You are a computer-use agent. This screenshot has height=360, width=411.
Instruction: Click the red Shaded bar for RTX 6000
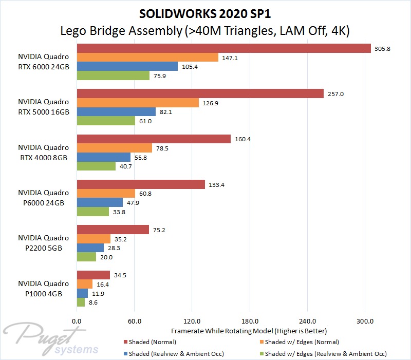coord(223,48)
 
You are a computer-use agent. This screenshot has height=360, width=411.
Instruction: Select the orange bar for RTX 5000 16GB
coord(138,103)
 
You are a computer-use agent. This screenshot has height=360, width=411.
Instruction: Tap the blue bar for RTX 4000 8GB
coord(103,157)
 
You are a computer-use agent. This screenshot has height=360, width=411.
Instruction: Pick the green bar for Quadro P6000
coord(92,212)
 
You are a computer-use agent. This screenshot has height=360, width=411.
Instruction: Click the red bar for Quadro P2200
coord(113,230)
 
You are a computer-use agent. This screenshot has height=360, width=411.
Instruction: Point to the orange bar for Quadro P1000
coord(84,284)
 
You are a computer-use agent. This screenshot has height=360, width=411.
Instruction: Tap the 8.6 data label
coord(93,302)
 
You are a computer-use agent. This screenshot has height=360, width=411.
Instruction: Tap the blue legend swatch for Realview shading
coord(126,354)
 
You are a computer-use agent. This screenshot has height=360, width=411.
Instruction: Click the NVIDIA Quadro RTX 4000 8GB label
coord(43,153)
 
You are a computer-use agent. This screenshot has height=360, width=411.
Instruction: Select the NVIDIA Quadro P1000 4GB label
coord(43,289)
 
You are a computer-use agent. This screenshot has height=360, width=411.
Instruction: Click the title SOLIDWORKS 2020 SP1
coord(206,12)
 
